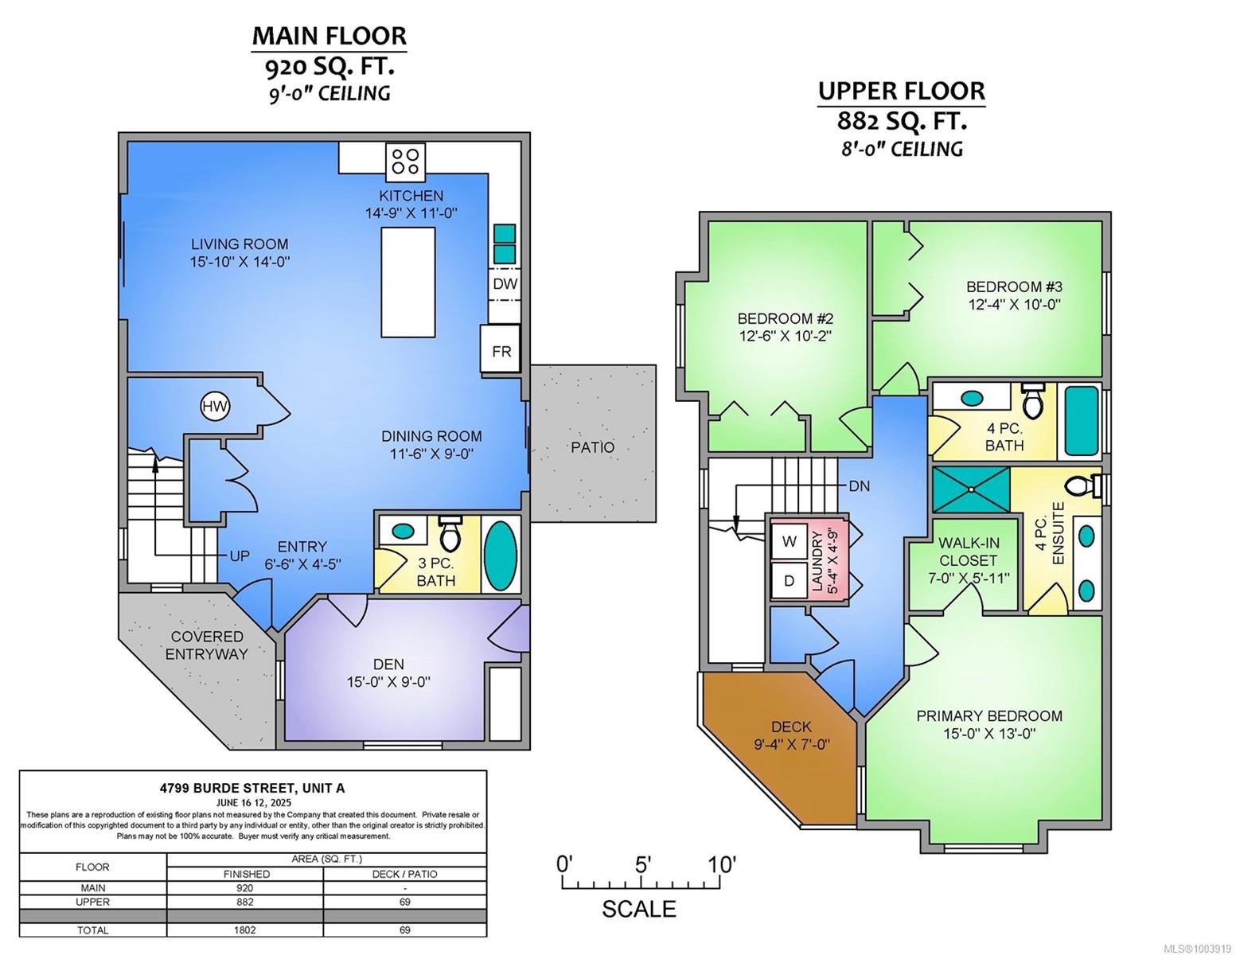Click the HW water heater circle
(215, 406)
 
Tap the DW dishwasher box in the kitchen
(505, 284)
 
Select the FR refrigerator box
(501, 349)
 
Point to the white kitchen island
(408, 283)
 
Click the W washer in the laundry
(789, 541)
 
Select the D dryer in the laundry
(789, 581)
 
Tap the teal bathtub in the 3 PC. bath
(501, 555)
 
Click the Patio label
(593, 447)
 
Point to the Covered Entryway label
(206, 645)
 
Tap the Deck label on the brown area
(791, 727)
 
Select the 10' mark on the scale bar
(721, 865)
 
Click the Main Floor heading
(329, 36)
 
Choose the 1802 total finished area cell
(244, 930)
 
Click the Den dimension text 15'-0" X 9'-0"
(388, 681)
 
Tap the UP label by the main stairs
(240, 555)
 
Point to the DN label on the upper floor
(859, 486)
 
